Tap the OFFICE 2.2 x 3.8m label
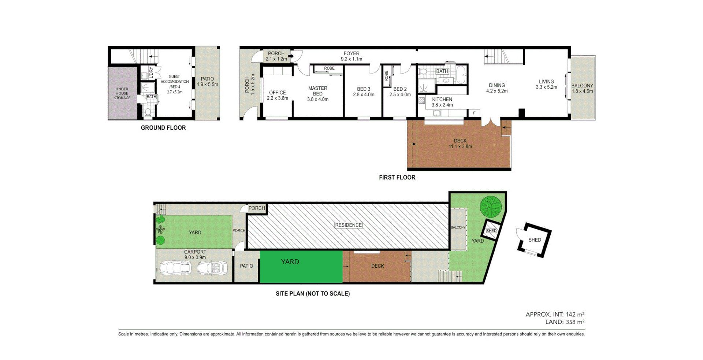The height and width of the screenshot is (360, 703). [277, 95]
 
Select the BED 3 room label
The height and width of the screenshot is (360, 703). [364, 89]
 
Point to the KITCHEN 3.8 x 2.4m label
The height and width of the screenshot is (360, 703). [442, 102]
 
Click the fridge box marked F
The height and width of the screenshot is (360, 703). [475, 113]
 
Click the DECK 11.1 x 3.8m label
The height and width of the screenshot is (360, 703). [460, 144]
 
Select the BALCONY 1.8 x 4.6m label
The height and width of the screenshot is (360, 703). [582, 88]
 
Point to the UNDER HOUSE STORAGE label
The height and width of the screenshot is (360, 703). [122, 93]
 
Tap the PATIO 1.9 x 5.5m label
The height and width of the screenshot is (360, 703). [207, 81]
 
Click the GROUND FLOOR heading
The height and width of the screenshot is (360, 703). [163, 128]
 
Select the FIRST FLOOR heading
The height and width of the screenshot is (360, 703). [397, 178]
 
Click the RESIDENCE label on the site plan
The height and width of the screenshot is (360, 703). [348, 225]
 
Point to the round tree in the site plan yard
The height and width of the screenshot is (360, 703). [491, 206]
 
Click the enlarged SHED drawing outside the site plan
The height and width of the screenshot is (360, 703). [534, 240]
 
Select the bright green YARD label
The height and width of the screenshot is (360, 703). [290, 261]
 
